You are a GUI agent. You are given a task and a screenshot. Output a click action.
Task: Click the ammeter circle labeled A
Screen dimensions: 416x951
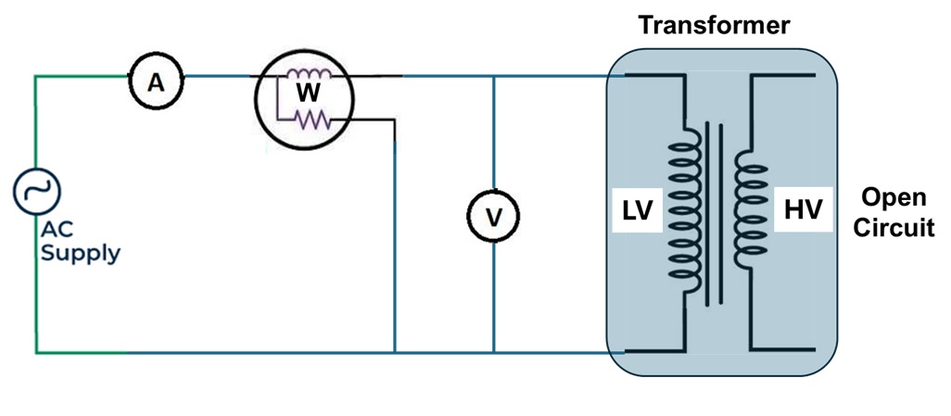[x=156, y=83]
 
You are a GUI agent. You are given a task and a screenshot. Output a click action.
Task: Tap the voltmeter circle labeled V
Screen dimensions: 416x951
[x=494, y=217]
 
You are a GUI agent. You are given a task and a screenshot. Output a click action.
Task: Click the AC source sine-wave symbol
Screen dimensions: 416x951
[x=37, y=193]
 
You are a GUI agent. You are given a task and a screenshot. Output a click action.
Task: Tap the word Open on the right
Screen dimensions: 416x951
[x=891, y=197]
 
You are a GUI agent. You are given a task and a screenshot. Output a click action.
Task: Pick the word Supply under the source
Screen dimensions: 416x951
[x=80, y=252]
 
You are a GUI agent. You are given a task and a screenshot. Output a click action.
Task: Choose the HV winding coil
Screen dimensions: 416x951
[x=749, y=209]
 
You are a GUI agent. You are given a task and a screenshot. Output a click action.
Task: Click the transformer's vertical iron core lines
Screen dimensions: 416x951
[x=712, y=213]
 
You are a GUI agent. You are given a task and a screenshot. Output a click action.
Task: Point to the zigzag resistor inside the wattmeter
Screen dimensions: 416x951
[x=311, y=118]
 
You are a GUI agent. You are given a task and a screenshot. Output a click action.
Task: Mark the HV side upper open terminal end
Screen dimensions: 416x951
[x=814, y=75]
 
